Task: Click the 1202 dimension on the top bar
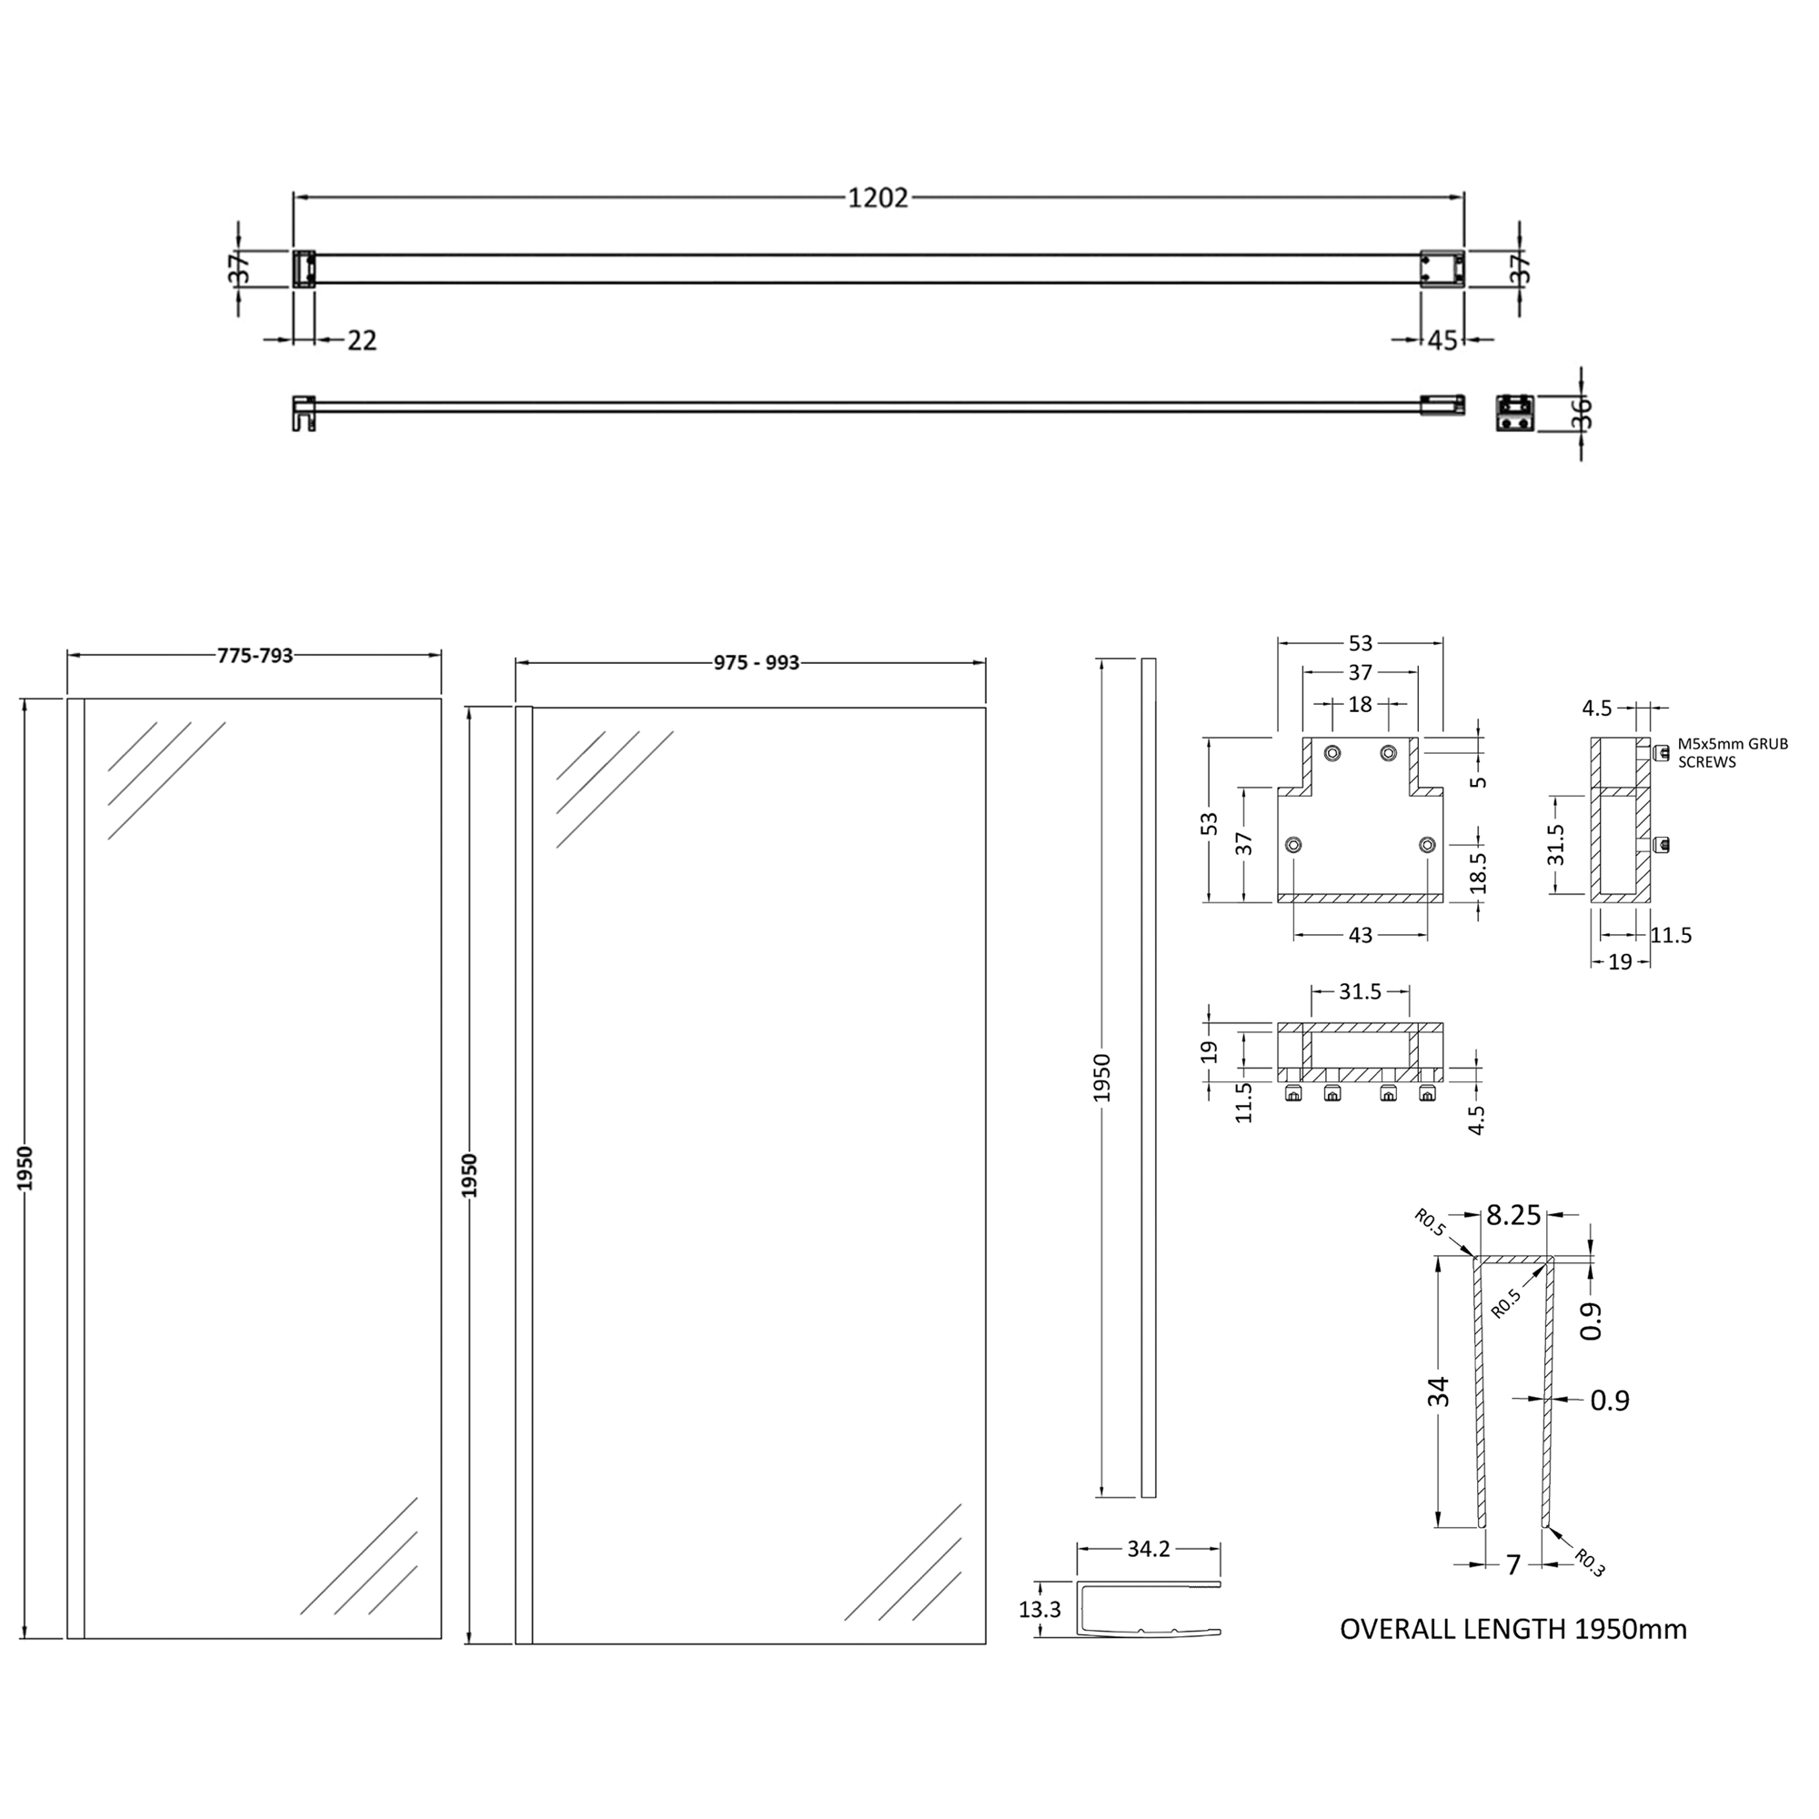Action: pos(878,197)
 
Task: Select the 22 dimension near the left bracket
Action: pos(362,340)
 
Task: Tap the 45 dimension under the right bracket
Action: pos(1442,340)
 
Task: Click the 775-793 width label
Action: pos(256,655)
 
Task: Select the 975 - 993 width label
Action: pos(756,663)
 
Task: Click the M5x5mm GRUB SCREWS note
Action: pos(1733,753)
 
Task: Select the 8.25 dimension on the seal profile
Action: pos(1513,1215)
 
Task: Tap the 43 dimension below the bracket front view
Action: pos(1361,935)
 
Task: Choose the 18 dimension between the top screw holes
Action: pos(1360,703)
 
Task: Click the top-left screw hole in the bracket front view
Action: pos(1332,752)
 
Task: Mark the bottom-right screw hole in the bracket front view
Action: pos(1427,845)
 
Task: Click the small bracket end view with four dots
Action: pos(1515,412)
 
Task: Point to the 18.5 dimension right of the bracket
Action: pos(1478,872)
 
